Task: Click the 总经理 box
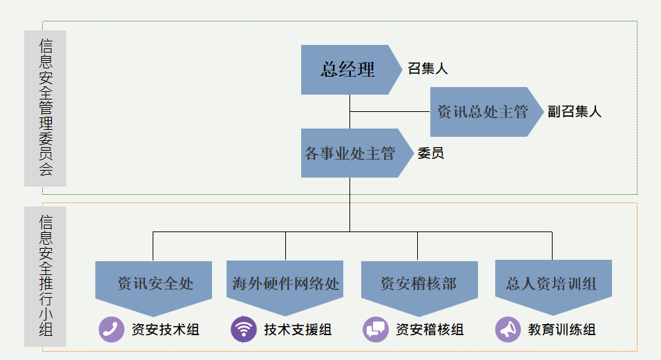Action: pos(347,70)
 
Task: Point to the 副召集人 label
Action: pos(575,112)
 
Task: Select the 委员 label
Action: pos(431,153)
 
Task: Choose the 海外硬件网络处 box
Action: pos(285,284)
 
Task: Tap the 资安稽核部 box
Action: pos(419,284)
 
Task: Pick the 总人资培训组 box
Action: pos(551,284)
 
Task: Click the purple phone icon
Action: pos(111,330)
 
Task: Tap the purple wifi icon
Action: pos(243,330)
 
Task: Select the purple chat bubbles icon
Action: pos(376,330)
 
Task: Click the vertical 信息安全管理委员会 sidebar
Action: pos(46,108)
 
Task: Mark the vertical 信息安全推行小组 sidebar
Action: pos(46,276)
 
